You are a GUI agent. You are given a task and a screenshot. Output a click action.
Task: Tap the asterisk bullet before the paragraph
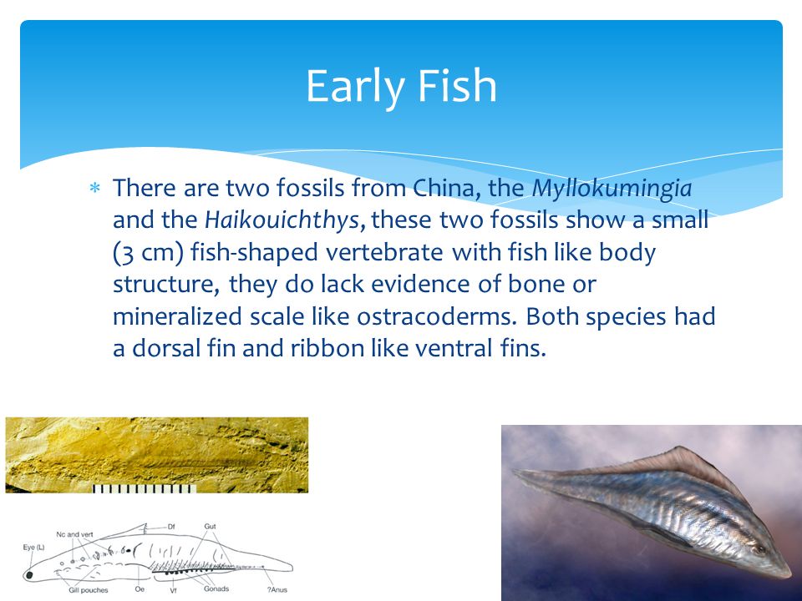pos(94,189)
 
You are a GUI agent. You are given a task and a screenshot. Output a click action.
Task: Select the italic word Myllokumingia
pos(612,188)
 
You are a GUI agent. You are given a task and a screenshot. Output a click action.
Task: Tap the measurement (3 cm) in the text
pos(147,253)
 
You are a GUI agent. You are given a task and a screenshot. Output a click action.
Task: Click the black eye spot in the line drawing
pos(30,574)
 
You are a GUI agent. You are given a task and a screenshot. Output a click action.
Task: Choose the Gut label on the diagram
pos(211,527)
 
